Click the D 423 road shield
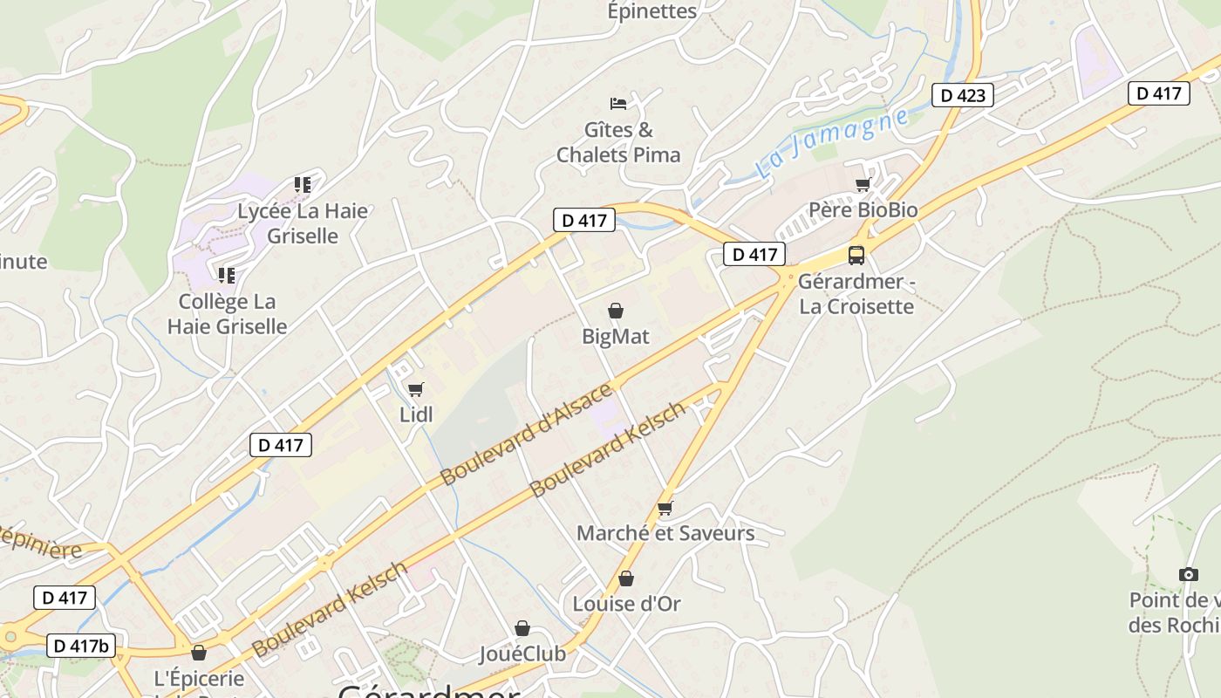963,95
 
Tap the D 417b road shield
80,646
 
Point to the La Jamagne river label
832,143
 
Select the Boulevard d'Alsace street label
527,434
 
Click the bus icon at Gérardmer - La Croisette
856,256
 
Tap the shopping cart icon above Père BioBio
863,184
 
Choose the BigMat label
616,336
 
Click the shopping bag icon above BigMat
616,311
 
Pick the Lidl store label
416,414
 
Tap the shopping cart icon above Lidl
416,389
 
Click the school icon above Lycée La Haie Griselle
303,185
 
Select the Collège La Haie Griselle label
227,314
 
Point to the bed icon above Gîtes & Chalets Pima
618,104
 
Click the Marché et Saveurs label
665,533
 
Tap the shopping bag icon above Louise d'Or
626,578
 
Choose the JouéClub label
522,654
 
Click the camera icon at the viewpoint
1188,574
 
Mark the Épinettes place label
652,11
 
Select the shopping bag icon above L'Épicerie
199,653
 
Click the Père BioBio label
863,210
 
